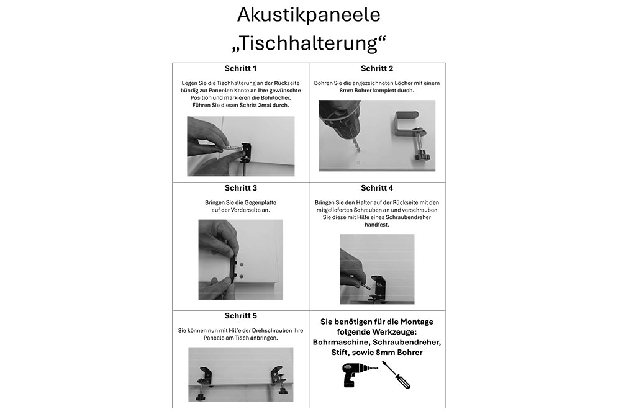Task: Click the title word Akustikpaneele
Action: pyautogui.click(x=309, y=15)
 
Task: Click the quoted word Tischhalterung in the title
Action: pyautogui.click(x=309, y=44)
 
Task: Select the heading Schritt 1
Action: pyautogui.click(x=240, y=69)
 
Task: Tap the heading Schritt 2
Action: pyautogui.click(x=377, y=69)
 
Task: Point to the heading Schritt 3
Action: pyautogui.click(x=240, y=187)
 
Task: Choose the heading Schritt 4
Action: pyautogui.click(x=377, y=187)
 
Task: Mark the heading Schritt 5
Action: pyautogui.click(x=240, y=316)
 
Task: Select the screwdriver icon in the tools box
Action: pyautogui.click(x=396, y=376)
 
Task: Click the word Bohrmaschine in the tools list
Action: pyautogui.click(x=340, y=342)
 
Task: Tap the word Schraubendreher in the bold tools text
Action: pyautogui.click(x=407, y=342)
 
